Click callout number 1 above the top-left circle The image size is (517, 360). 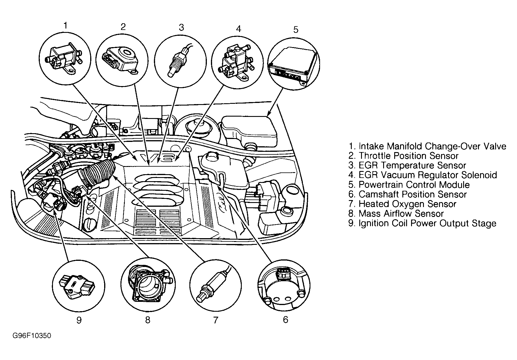pyautogui.click(x=65, y=26)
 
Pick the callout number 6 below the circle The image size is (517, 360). pyautogui.click(x=285, y=320)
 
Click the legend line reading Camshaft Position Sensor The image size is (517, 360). pyautogui.click(x=407, y=194)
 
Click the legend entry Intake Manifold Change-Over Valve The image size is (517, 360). pyautogui.click(x=427, y=146)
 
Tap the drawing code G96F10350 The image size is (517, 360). pyautogui.click(x=32, y=336)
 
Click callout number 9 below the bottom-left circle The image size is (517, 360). pyautogui.click(x=79, y=320)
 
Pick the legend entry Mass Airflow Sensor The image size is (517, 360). pyautogui.click(x=396, y=213)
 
